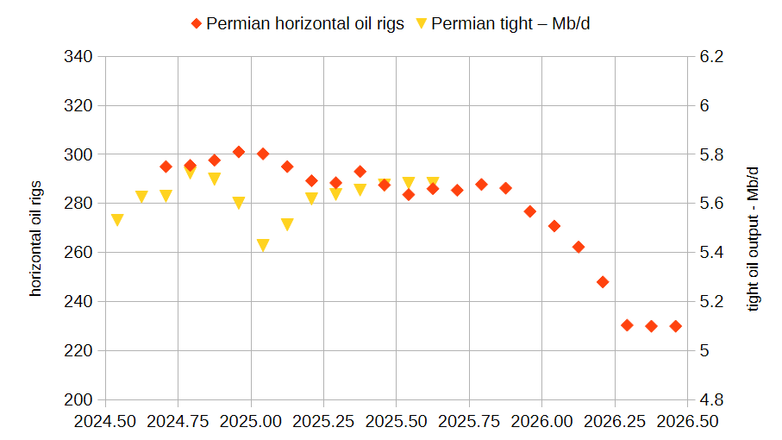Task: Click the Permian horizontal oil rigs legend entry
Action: pyautogui.click(x=297, y=24)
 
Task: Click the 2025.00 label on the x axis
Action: pyautogui.click(x=251, y=422)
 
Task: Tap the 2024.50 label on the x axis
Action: pyautogui.click(x=105, y=422)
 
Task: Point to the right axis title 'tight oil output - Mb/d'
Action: pyautogui.click(x=754, y=238)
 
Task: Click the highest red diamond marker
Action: pyautogui.click(x=239, y=152)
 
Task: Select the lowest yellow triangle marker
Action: pyautogui.click(x=263, y=246)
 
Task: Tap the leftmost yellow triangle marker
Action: pyautogui.click(x=117, y=220)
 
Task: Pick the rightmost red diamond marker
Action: pyautogui.click(x=676, y=326)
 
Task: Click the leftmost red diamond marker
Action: pyautogui.click(x=166, y=167)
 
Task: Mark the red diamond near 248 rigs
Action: pyautogui.click(x=603, y=282)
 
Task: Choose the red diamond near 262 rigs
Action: pyautogui.click(x=579, y=247)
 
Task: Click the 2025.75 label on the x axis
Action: pyautogui.click(x=469, y=422)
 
